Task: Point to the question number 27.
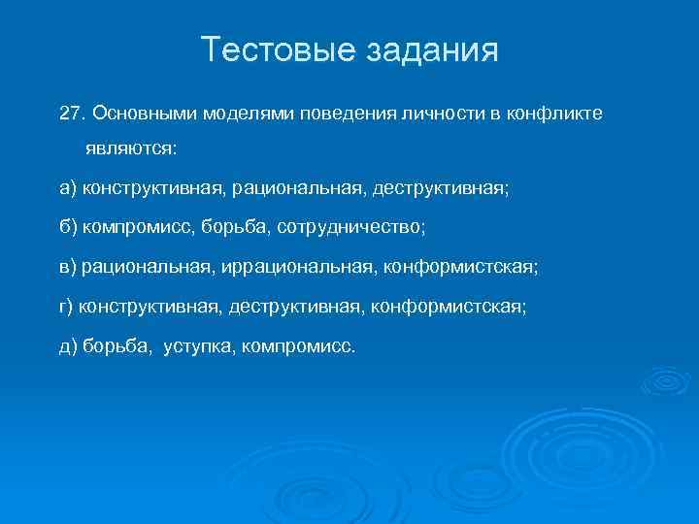71,114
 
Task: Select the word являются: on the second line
123,150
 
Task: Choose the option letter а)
68,188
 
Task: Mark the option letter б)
68,226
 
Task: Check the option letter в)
68,264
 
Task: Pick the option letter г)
66,307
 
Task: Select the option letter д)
68,344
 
